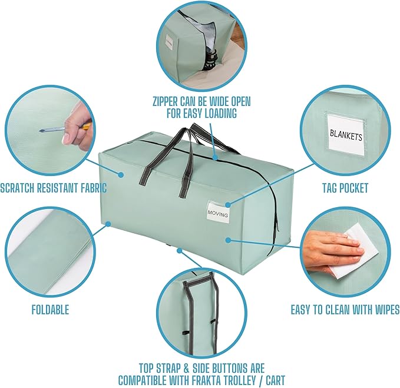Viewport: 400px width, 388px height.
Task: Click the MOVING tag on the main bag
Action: [x=218, y=211]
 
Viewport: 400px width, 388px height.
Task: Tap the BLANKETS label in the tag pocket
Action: [x=346, y=135]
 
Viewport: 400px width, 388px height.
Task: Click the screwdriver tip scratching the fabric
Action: [x=40, y=131]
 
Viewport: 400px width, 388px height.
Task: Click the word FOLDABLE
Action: [x=50, y=310]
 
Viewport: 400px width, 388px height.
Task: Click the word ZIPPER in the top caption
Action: [x=165, y=101]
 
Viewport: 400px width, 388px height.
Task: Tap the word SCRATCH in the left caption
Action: [x=17, y=188]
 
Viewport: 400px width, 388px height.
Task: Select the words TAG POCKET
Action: [x=345, y=188]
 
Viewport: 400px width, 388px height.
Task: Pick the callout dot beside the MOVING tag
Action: [x=228, y=205]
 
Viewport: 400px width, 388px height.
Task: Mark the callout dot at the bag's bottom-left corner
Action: [x=108, y=224]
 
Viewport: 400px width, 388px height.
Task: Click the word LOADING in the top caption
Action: [x=217, y=113]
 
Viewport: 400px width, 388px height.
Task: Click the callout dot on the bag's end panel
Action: [x=229, y=240]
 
